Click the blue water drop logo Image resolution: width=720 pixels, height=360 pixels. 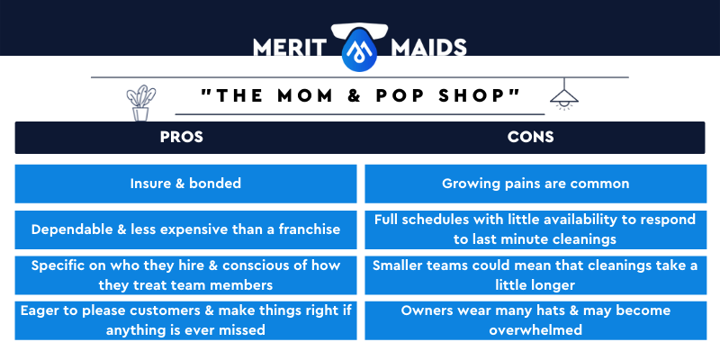click(x=359, y=49)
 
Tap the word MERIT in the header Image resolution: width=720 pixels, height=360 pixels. click(x=289, y=48)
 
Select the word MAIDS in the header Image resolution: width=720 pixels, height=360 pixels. click(x=428, y=48)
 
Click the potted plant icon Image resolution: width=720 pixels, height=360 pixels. click(x=141, y=103)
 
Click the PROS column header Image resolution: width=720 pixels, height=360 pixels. click(x=182, y=137)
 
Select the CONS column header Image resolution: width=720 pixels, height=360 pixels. click(x=530, y=137)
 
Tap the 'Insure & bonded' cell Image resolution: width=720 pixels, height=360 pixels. click(x=185, y=184)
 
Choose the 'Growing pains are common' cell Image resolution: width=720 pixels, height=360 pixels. click(x=535, y=184)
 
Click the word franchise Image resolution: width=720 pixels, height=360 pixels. click(x=310, y=229)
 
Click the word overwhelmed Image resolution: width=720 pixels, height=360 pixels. click(x=535, y=329)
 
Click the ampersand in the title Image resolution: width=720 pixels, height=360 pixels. click(x=354, y=95)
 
